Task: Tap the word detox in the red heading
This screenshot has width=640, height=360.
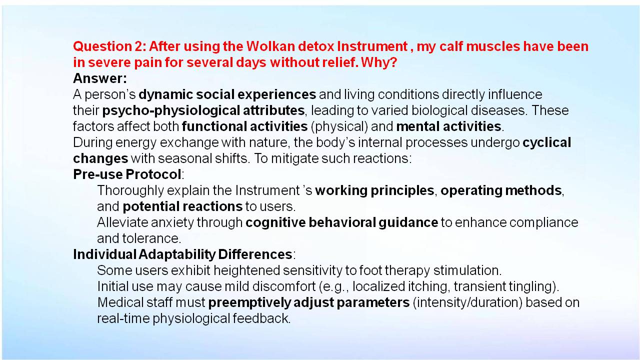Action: (x=316, y=46)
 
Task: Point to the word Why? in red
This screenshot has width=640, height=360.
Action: (x=379, y=62)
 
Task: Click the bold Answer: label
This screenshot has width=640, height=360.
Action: (x=100, y=78)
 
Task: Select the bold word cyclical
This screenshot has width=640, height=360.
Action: (x=547, y=142)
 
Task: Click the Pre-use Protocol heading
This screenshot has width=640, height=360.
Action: (x=127, y=174)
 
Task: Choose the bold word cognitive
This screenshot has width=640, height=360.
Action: (x=275, y=222)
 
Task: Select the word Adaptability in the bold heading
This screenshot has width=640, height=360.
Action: (x=177, y=254)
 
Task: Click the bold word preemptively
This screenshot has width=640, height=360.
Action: (x=249, y=302)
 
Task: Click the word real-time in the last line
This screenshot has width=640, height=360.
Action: (x=123, y=318)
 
